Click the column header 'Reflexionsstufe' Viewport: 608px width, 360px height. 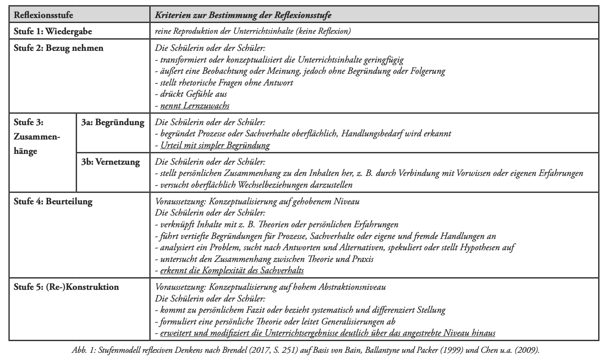[x=44, y=15]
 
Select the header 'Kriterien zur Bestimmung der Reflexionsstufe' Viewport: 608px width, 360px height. [x=243, y=15]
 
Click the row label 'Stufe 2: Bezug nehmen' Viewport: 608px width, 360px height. [x=58, y=48]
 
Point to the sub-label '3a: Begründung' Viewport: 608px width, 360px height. [x=113, y=122]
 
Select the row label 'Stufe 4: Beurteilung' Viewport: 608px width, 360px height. [x=53, y=202]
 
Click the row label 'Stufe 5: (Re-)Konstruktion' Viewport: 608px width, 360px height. [x=67, y=287]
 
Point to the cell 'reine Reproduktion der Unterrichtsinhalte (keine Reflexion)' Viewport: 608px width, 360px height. [x=253, y=31]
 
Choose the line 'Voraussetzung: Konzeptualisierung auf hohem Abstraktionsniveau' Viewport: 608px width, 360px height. [x=270, y=287]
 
